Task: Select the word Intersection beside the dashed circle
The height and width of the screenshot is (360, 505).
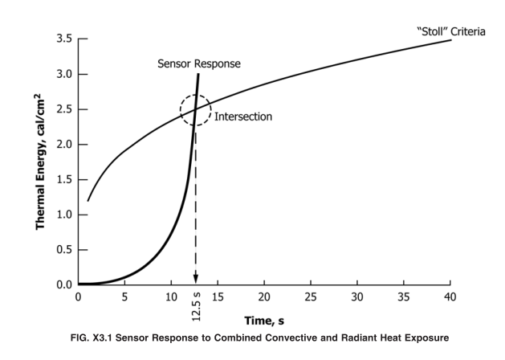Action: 243,116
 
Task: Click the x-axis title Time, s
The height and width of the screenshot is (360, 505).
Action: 265,321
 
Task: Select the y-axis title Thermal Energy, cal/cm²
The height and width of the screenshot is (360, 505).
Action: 40,162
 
